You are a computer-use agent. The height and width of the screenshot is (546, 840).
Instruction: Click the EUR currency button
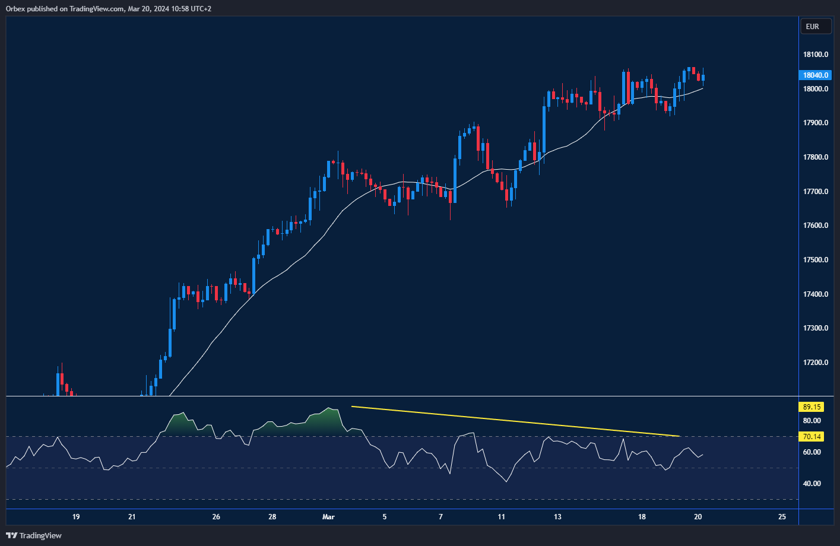click(812, 26)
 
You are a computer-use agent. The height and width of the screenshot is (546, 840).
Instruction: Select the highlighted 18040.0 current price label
click(815, 75)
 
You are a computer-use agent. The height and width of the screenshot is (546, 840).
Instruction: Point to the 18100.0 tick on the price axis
click(815, 55)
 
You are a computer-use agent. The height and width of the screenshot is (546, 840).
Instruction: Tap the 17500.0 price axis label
click(815, 260)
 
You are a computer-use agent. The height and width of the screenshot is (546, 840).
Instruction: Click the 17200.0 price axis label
click(815, 363)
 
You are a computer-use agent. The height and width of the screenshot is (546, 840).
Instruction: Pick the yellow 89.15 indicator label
click(811, 407)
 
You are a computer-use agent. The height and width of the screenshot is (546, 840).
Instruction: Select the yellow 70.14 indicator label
click(811, 437)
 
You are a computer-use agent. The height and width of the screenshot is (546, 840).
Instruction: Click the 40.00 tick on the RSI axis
click(812, 484)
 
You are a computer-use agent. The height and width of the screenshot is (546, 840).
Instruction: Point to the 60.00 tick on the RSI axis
click(812, 452)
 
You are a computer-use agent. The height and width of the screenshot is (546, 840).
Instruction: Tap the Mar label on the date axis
click(328, 517)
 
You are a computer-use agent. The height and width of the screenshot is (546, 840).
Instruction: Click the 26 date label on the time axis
click(216, 517)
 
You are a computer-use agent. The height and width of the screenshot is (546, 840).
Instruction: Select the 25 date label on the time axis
click(782, 517)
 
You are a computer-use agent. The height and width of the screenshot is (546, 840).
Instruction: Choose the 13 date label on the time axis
click(557, 517)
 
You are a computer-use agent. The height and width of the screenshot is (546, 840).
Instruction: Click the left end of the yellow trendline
click(352, 407)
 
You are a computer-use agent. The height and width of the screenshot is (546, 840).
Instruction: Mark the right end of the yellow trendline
click(679, 436)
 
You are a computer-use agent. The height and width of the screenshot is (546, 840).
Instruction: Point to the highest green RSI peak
click(330, 408)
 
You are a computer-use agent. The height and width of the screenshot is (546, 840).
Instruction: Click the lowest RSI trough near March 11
click(506, 481)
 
